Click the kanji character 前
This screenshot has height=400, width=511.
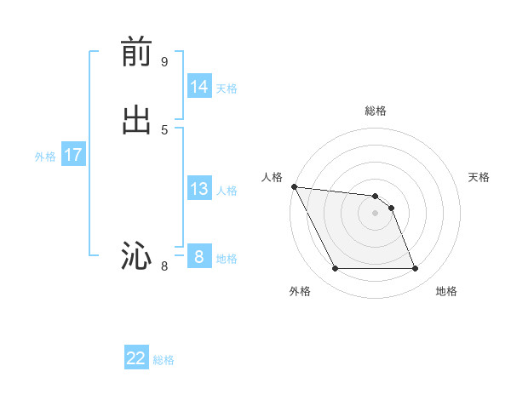point(136,53)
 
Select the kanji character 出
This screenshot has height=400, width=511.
point(136,120)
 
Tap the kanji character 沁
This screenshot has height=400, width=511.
point(136,255)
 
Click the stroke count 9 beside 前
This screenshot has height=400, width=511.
point(164,61)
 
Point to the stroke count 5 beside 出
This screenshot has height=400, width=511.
point(164,129)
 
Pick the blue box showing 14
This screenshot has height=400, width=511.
point(199,87)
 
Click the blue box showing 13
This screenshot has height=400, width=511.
point(199,189)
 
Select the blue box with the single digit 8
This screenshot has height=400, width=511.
point(199,256)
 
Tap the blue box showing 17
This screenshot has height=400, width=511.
point(73,155)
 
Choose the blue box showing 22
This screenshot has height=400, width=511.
point(136,358)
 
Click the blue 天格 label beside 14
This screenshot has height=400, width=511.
point(227,89)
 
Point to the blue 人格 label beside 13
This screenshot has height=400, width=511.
point(227,191)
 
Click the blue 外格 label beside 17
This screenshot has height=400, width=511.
point(45,157)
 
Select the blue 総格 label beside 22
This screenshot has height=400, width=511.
point(164,360)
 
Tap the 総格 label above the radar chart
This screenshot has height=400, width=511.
point(376,111)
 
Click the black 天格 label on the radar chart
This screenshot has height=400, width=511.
point(479,177)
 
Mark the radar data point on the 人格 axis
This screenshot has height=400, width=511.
point(294,186)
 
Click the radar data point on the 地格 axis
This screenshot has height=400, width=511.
point(415,269)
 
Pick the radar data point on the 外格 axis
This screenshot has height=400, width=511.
point(335,269)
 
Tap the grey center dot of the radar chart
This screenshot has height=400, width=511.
point(375,213)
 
